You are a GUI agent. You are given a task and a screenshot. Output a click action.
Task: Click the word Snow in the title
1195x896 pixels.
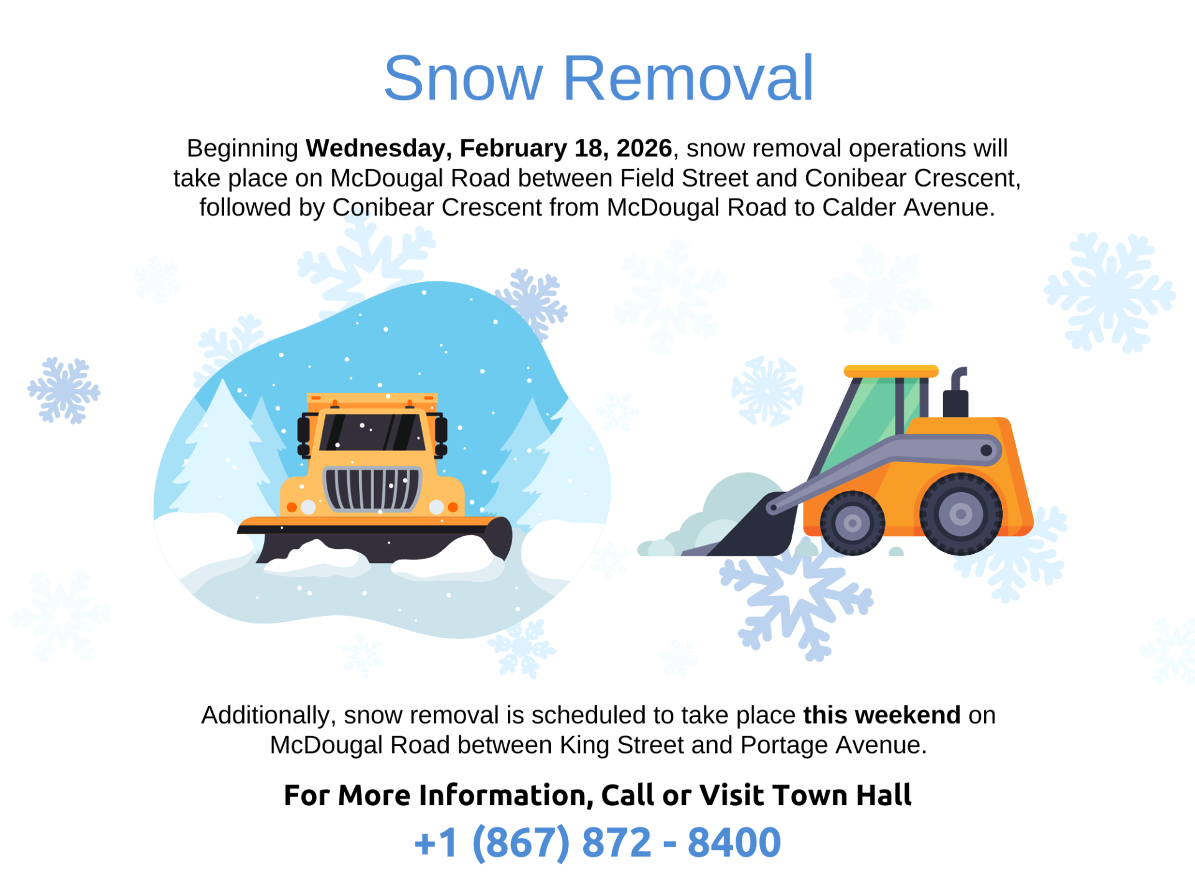click(464, 78)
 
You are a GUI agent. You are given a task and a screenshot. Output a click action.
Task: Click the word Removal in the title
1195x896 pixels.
click(688, 78)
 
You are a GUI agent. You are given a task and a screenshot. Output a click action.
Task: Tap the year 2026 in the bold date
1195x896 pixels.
click(644, 148)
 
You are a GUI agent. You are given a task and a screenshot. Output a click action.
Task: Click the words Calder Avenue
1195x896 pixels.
click(908, 207)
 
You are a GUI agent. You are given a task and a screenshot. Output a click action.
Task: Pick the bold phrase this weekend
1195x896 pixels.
click(882, 715)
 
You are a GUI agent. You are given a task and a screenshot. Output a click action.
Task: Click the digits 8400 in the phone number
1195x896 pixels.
click(734, 842)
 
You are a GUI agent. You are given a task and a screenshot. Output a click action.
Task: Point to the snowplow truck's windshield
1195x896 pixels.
click(372, 432)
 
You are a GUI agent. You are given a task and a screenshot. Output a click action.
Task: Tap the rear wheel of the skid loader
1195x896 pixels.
click(960, 514)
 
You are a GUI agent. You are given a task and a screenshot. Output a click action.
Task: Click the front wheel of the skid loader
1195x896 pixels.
click(852, 523)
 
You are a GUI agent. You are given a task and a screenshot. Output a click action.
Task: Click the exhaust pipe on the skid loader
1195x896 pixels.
click(957, 393)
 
